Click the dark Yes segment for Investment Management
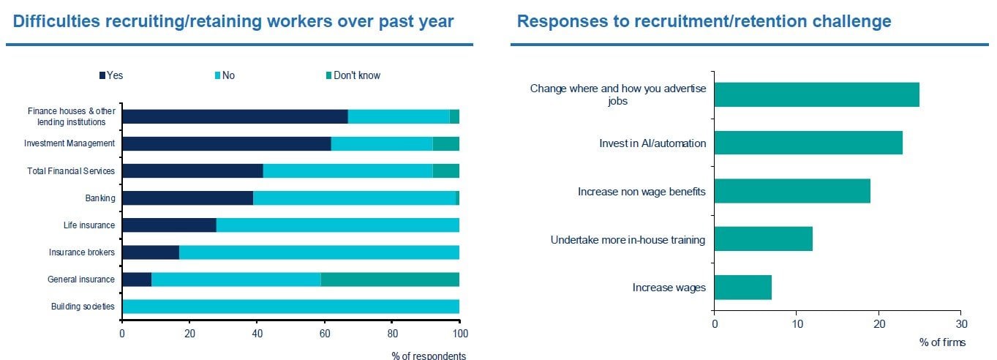coord(226,143)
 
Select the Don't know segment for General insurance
coord(390,279)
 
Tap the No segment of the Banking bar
coord(354,198)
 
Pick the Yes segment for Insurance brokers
coord(150,252)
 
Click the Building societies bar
coord(290,306)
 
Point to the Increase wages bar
coord(742,287)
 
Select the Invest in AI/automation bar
coord(808,143)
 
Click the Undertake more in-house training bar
coord(763,239)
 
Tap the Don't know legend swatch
coord(328,75)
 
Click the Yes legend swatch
coord(102,75)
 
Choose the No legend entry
coord(223,75)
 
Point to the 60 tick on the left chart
coord(324,334)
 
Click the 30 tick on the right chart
coord(962,323)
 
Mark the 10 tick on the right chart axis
coord(797,323)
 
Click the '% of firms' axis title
coord(942,342)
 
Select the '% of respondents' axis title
coord(428,356)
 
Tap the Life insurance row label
coord(89,225)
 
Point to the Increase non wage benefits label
coord(642,192)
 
